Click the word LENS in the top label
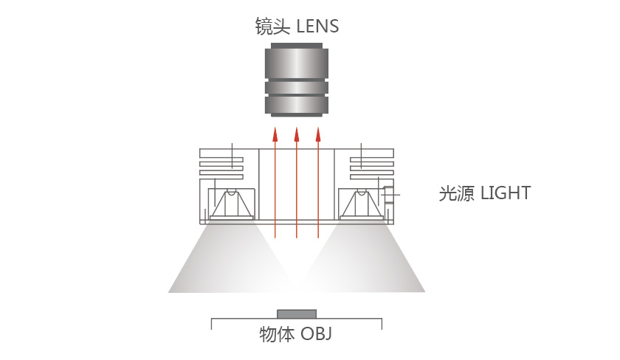pyautogui.click(x=317, y=27)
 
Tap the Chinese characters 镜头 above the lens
pyautogui.click(x=272, y=27)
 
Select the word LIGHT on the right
pyautogui.click(x=506, y=193)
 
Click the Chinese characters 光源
pyautogui.click(x=456, y=193)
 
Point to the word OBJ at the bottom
pyautogui.click(x=317, y=334)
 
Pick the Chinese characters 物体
pyautogui.click(x=277, y=334)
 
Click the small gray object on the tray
pyautogui.click(x=297, y=314)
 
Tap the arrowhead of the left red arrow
pyautogui.click(x=275, y=134)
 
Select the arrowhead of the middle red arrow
pyautogui.click(x=297, y=134)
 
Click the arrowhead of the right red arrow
pyautogui.click(x=318, y=134)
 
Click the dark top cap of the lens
pyautogui.click(x=297, y=46)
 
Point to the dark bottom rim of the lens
pyautogui.click(x=297, y=114)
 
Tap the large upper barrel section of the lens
pyautogui.click(x=297, y=63)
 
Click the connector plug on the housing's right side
pyautogui.click(x=389, y=195)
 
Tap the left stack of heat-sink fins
pyautogui.click(x=221, y=162)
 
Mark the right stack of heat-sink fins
pyautogui.click(x=372, y=162)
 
